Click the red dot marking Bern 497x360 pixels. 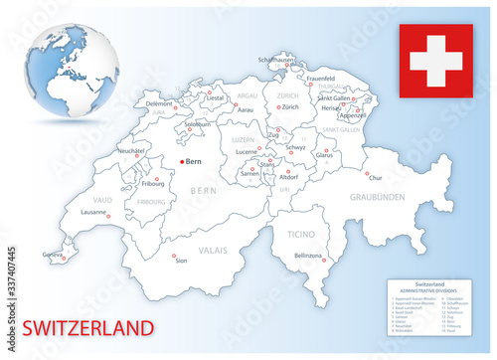[181, 160]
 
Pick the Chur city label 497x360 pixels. [374, 178]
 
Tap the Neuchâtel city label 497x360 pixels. [132, 151]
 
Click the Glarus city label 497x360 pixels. [324, 155]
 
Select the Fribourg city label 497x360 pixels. [154, 184]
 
